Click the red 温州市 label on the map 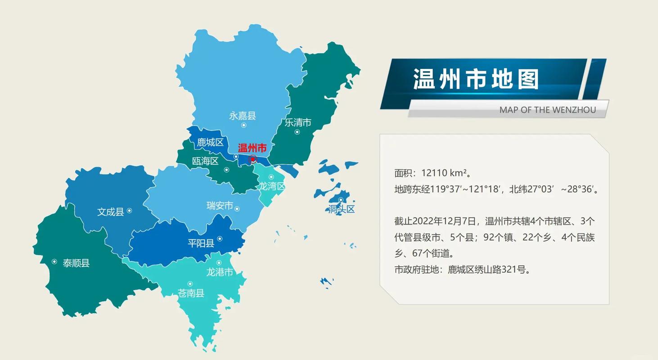[x=252, y=148]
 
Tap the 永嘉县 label [x=243, y=116]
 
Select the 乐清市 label [x=298, y=122]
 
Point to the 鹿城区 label [x=210, y=143]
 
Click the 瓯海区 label [x=205, y=161]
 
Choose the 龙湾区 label [x=272, y=186]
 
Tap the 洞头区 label [x=342, y=209]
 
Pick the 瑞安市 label [x=220, y=206]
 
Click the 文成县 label [x=110, y=211]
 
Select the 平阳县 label [x=201, y=243]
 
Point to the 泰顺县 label [x=76, y=263]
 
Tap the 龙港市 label [x=220, y=272]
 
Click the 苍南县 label [x=191, y=293]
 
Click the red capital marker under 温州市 [x=253, y=159]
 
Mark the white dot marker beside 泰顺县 [x=54, y=261]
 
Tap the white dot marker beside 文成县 [x=130, y=210]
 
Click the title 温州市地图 [x=476, y=80]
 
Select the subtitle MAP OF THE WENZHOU [x=547, y=110]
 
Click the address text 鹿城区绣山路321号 [x=489, y=270]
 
